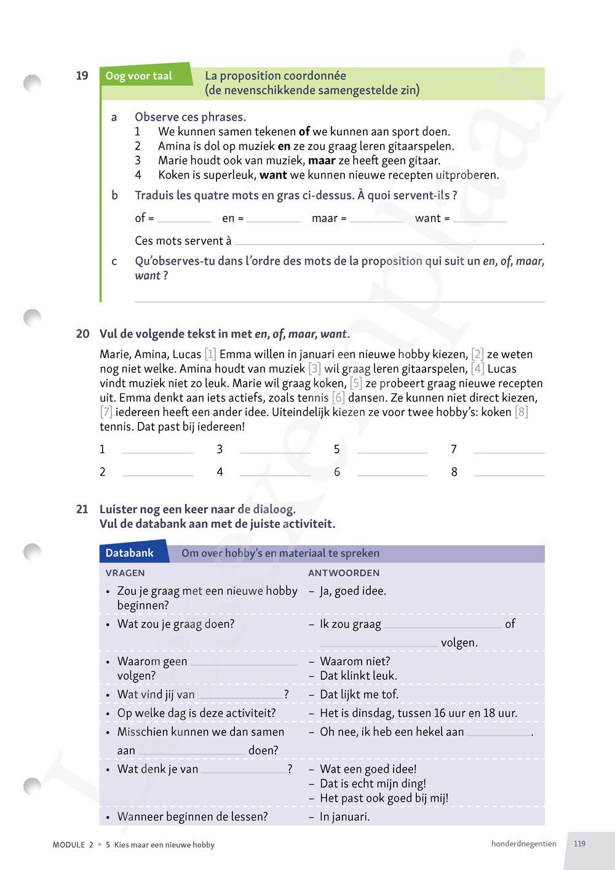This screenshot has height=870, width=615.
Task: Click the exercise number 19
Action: click(x=82, y=76)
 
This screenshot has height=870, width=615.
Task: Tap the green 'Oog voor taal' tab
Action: click(x=139, y=76)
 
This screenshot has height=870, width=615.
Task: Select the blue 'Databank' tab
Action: click(x=130, y=553)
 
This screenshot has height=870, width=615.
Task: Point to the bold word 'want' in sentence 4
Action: click(x=272, y=175)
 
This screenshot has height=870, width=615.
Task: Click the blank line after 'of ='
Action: click(x=184, y=218)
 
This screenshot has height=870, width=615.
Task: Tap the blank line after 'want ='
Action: click(x=479, y=218)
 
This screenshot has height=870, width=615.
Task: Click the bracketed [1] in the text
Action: click(x=210, y=354)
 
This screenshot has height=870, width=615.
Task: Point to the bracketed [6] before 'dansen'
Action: click(x=338, y=397)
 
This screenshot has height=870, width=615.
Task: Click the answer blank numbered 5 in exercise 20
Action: click(x=392, y=450)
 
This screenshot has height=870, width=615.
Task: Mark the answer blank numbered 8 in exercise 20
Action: click(x=509, y=473)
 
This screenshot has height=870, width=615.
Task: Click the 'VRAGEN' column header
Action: click(x=125, y=573)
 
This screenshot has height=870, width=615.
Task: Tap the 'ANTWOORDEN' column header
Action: click(x=344, y=573)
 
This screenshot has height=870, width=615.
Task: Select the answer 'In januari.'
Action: click(x=344, y=817)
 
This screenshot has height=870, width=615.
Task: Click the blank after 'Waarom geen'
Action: click(x=244, y=662)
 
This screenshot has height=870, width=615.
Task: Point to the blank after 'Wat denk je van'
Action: click(x=244, y=770)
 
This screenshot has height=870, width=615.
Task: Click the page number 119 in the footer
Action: click(x=579, y=844)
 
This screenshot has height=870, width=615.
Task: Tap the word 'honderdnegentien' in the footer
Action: click(x=523, y=844)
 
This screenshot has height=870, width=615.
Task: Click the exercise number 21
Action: click(x=82, y=509)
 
